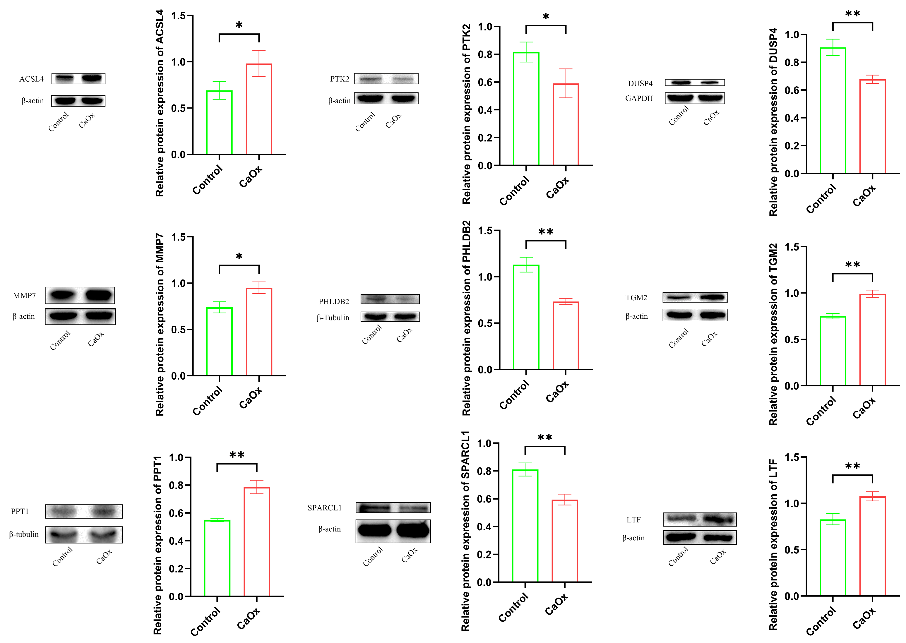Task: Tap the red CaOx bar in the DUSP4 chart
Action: [872, 127]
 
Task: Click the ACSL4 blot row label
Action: [32, 79]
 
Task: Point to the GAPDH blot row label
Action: [639, 98]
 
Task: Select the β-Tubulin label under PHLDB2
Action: [333, 318]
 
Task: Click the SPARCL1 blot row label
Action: [324, 507]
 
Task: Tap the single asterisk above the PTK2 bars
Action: [546, 17]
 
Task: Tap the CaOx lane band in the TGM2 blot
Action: [712, 297]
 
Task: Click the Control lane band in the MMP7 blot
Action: [62, 295]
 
